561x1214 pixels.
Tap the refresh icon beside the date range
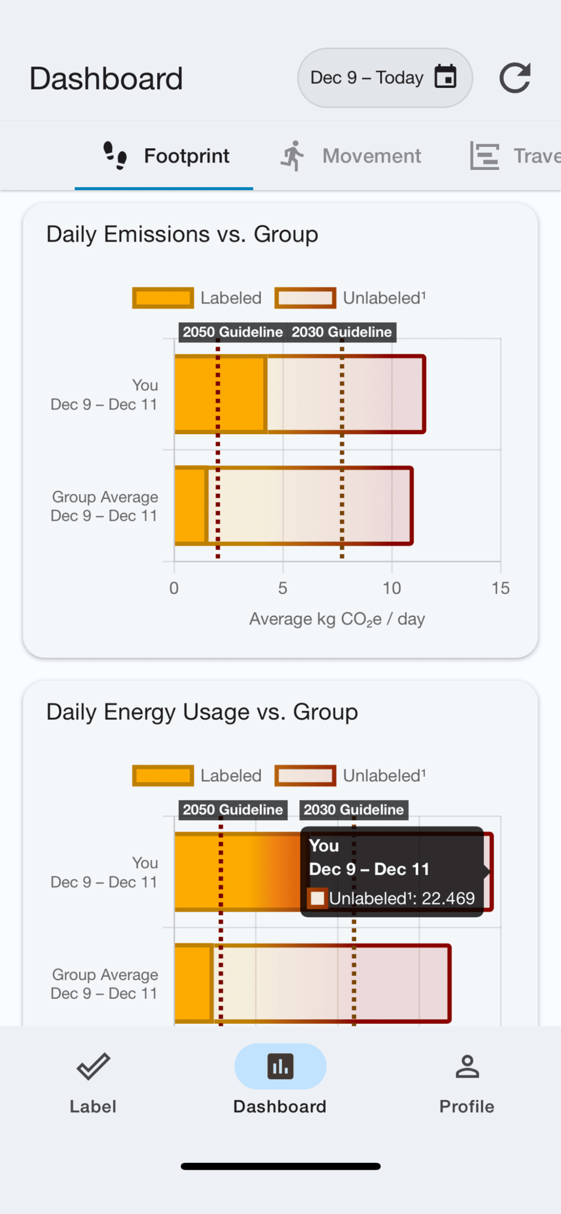(515, 78)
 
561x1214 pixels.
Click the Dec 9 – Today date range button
(385, 78)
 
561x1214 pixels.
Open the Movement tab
(350, 156)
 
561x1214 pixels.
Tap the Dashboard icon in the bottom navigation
(280, 1066)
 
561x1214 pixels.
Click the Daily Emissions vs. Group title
(182, 234)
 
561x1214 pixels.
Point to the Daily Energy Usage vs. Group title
(202, 712)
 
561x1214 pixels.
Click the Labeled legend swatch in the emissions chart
(163, 298)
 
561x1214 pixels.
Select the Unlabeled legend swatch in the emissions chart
(305, 298)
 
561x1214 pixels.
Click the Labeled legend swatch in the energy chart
(163, 776)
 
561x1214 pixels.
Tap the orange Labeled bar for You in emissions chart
(220, 394)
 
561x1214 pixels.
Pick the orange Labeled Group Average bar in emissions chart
(191, 506)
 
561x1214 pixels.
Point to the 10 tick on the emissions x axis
(391, 588)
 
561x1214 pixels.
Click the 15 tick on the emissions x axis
(500, 588)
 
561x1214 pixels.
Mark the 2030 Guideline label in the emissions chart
(342, 332)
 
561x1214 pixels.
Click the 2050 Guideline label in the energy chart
(233, 810)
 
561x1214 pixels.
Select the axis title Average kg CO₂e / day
(337, 619)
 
